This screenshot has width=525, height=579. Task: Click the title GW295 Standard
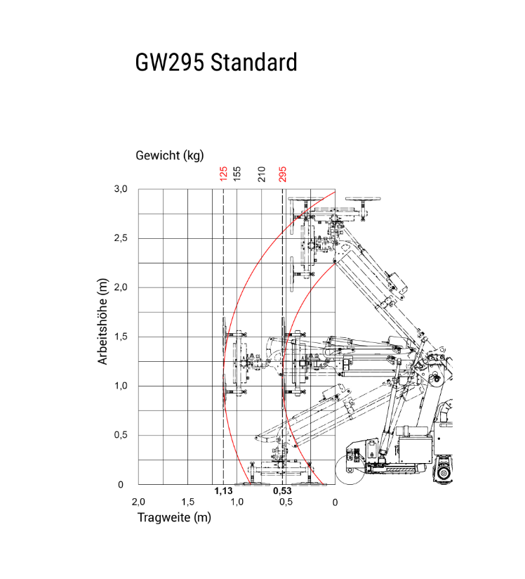(x=216, y=63)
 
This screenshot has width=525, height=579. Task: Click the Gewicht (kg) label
(x=170, y=155)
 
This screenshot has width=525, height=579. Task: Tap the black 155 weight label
(x=238, y=174)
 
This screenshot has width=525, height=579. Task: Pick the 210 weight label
(x=262, y=174)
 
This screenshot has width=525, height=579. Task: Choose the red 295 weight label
(x=283, y=174)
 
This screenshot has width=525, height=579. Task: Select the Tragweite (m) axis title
(x=173, y=518)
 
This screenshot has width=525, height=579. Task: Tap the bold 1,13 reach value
(x=223, y=491)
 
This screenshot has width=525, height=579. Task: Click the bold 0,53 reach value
(x=282, y=491)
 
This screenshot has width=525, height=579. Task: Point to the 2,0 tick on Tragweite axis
(x=138, y=502)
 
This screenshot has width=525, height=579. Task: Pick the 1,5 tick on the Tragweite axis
(x=187, y=502)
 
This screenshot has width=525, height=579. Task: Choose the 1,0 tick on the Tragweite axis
(x=237, y=502)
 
